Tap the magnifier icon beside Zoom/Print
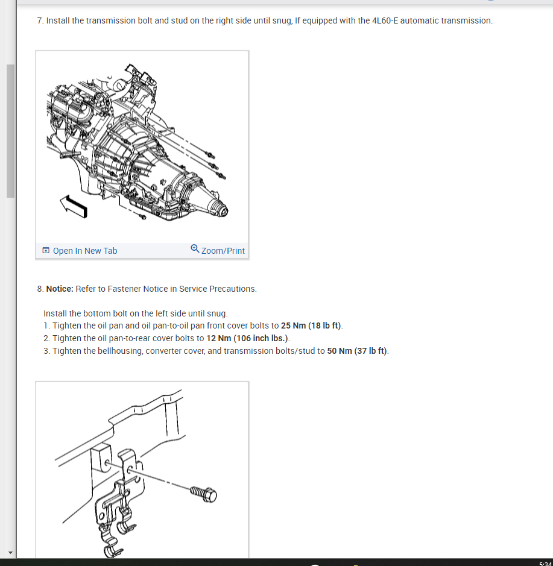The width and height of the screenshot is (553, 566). (x=195, y=248)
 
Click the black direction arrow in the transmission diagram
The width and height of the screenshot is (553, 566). (x=74, y=206)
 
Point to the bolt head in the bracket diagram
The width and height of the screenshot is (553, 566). (x=210, y=495)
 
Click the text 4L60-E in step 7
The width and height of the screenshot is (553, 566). (x=385, y=20)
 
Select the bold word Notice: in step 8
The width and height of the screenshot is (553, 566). (x=60, y=289)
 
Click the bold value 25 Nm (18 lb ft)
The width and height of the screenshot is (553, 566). (x=311, y=325)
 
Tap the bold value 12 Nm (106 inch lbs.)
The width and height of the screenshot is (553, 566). (x=247, y=338)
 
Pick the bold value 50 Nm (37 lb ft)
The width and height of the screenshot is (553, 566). (x=357, y=351)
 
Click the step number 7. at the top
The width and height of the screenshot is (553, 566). (x=40, y=20)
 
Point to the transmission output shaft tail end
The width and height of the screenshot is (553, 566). (x=221, y=209)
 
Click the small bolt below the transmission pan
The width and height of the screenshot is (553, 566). (x=142, y=216)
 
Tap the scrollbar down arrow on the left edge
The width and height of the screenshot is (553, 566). (x=10, y=552)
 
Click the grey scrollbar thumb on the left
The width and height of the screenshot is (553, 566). (x=10, y=131)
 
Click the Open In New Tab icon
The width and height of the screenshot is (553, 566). (x=46, y=251)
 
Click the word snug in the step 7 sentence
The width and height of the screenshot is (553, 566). (x=282, y=21)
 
